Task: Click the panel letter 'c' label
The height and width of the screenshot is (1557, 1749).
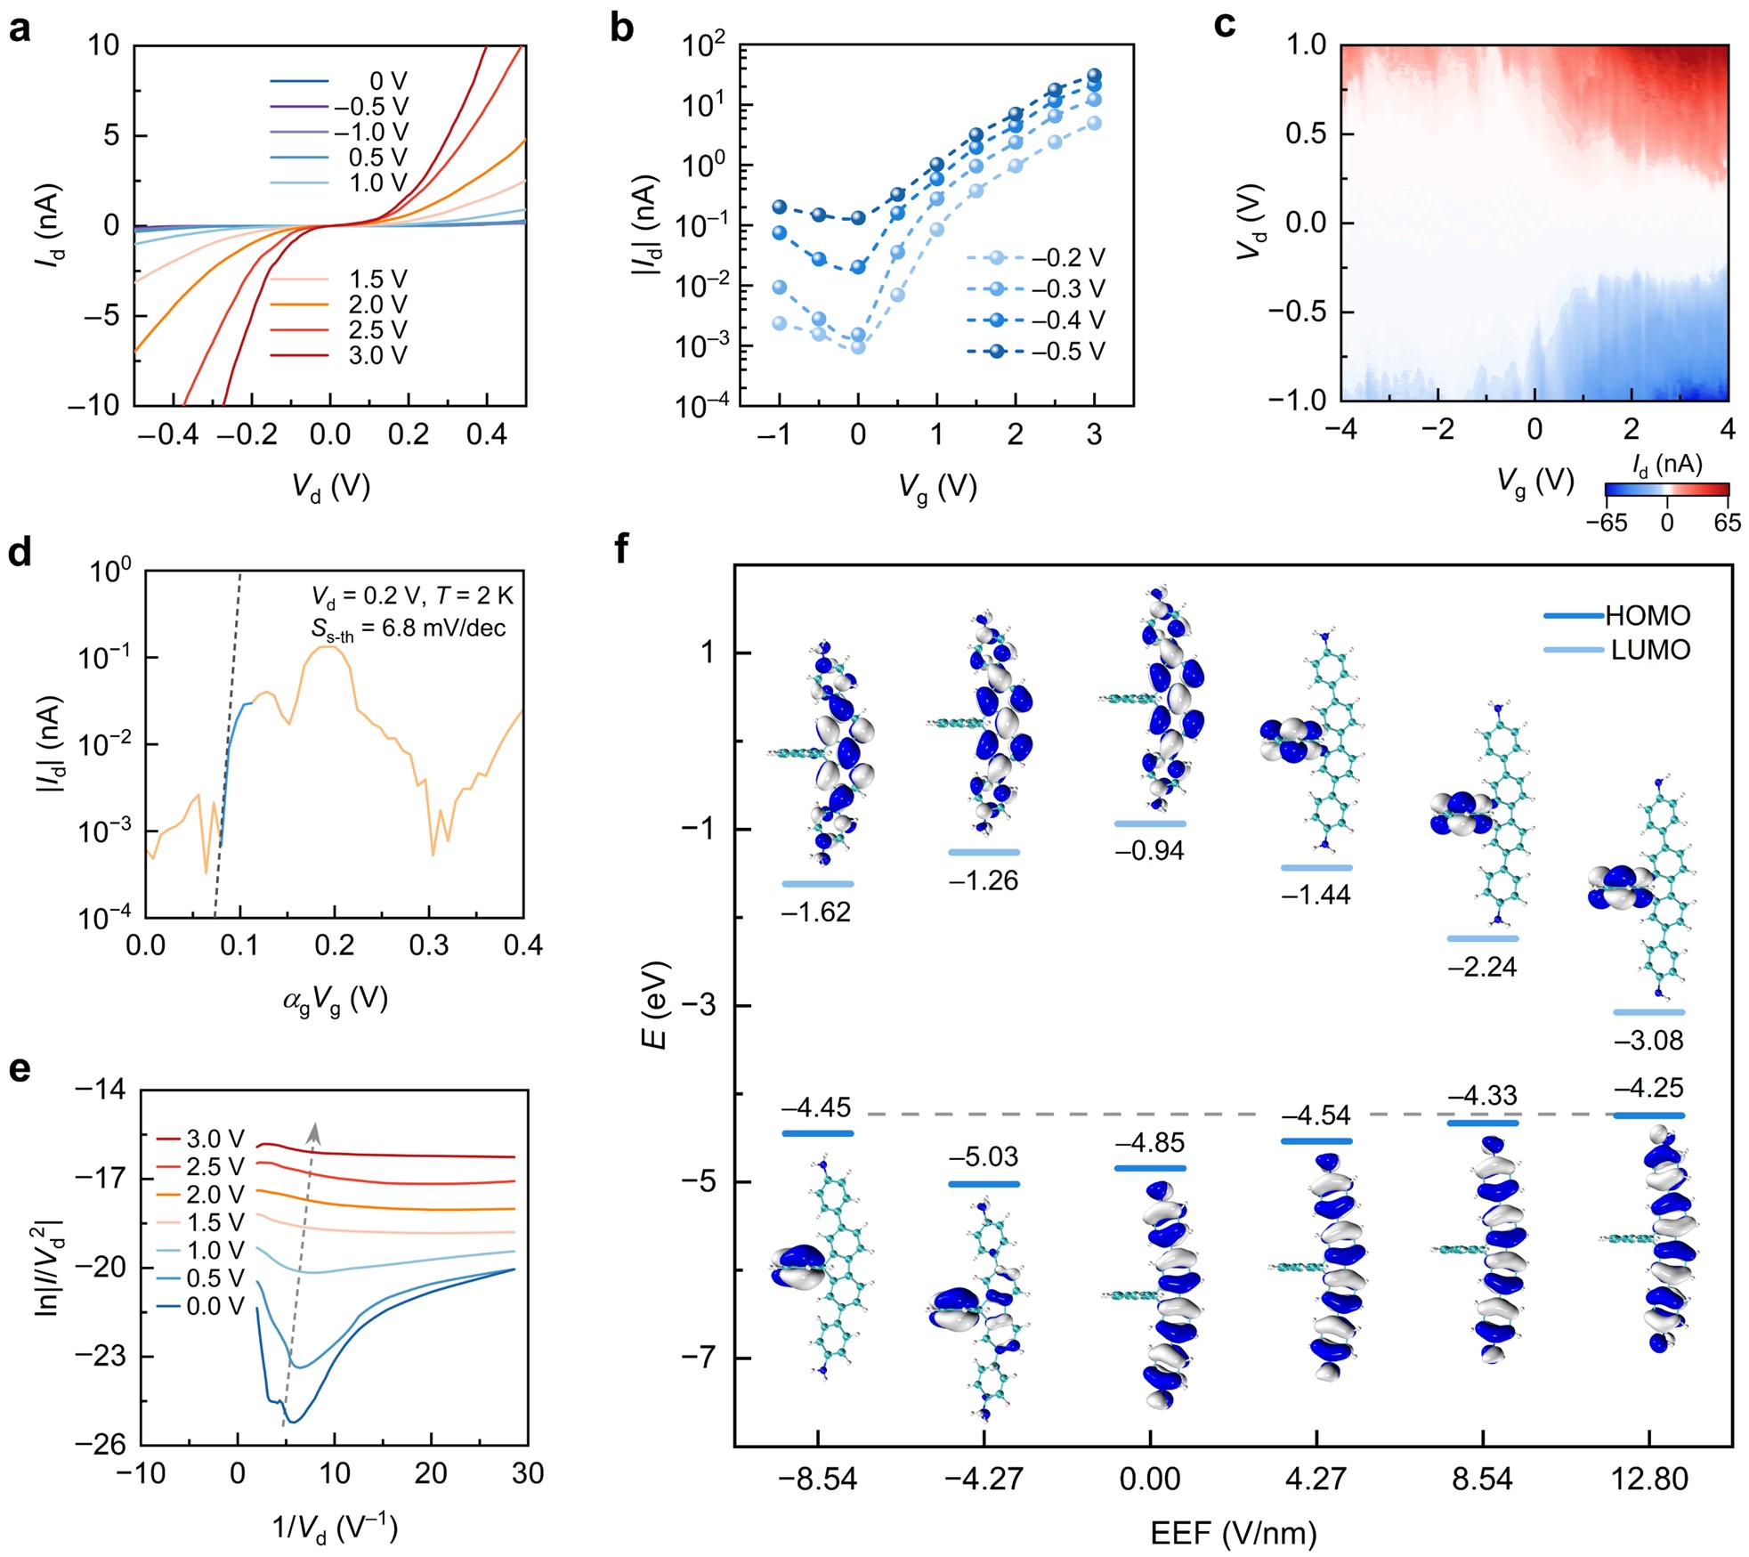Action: (1225, 27)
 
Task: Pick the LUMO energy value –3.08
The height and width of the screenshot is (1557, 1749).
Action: (1648, 1040)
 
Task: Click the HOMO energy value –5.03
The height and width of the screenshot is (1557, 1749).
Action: (983, 1157)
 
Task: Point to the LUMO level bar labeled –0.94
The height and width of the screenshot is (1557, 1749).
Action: (1150, 823)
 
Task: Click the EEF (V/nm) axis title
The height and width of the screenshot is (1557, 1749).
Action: (1233, 1533)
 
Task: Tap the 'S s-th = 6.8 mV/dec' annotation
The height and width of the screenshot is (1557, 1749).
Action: (408, 629)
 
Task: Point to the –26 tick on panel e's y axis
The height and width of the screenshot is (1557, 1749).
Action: (101, 1444)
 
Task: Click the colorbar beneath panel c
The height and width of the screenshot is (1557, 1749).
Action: (1666, 489)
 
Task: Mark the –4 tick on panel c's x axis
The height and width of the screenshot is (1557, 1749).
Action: (1340, 429)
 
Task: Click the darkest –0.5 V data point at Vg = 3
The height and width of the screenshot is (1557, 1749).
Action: (1094, 76)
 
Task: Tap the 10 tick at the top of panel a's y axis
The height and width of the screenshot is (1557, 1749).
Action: (103, 45)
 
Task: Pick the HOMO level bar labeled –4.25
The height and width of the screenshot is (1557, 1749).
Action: (1648, 1115)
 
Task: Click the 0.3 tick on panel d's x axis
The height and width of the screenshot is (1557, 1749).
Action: (429, 945)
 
